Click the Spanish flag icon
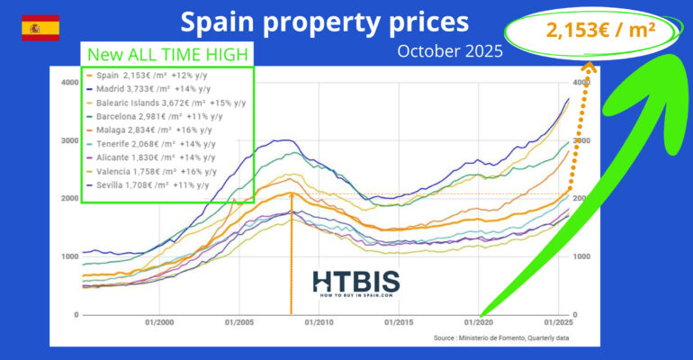click(x=40, y=28)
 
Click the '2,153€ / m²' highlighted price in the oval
click(x=599, y=31)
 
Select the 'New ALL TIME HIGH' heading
click(x=168, y=54)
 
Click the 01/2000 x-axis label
click(x=158, y=322)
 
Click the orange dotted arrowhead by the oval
click(x=589, y=65)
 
